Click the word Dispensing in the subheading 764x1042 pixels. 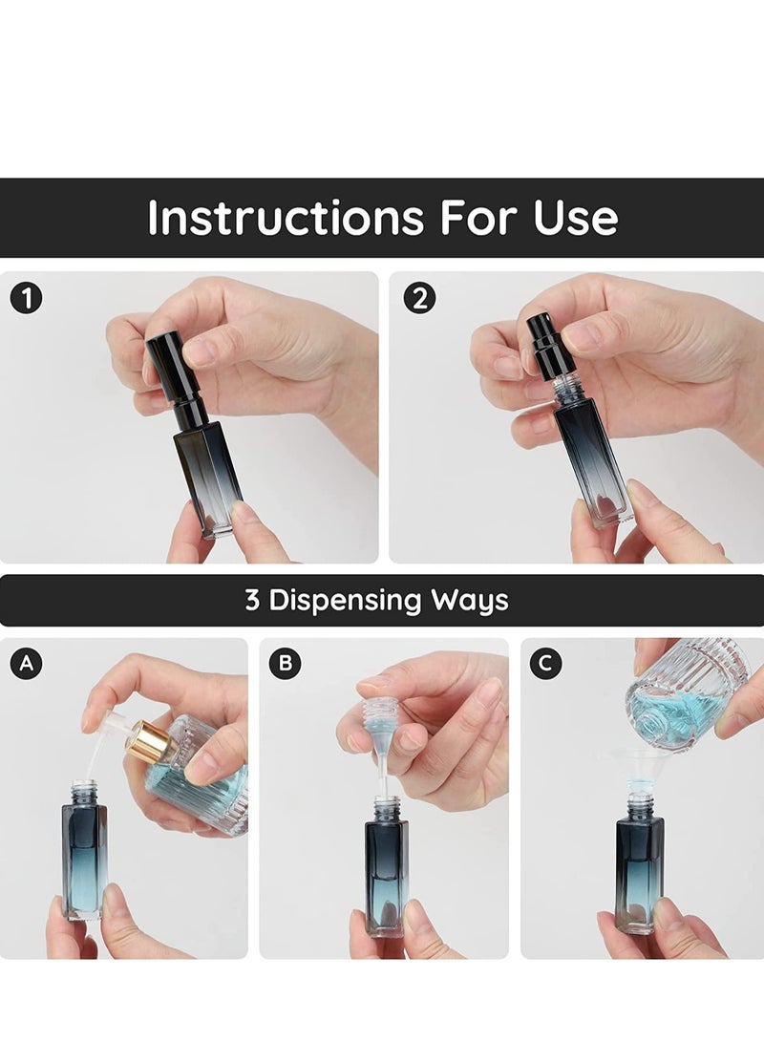pyautogui.click(x=346, y=601)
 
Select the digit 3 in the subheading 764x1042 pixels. pyautogui.click(x=252, y=601)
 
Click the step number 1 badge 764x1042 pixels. pyautogui.click(x=27, y=298)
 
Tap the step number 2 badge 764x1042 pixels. pyautogui.click(x=418, y=298)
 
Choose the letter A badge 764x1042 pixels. pyautogui.click(x=26, y=664)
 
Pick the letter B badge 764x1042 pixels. pyautogui.click(x=285, y=664)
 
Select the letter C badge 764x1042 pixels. pyautogui.click(x=545, y=664)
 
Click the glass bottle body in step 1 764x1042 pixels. pyautogui.click(x=208, y=478)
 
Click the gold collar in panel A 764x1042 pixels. pyautogui.click(x=149, y=742)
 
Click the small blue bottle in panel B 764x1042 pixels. pyautogui.click(x=386, y=869)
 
